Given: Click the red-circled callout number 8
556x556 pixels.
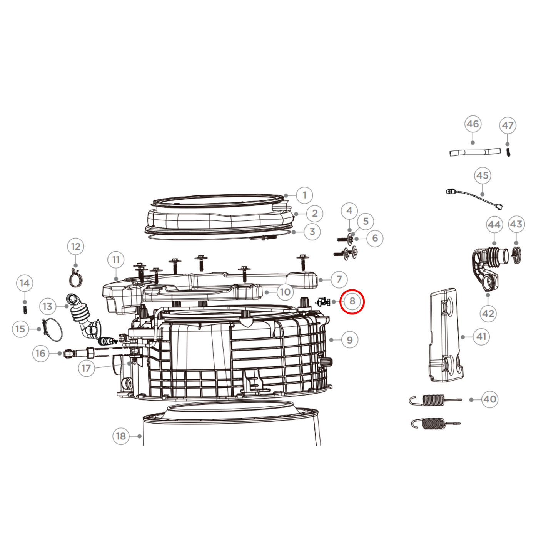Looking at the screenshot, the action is pos(352,301).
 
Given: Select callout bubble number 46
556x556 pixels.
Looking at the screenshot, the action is pos(473,124).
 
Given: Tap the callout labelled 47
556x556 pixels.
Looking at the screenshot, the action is pos(508,125).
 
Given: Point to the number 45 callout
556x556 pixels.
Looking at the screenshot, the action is pos(483,175).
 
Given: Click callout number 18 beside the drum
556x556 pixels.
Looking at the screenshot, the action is pos(121,436).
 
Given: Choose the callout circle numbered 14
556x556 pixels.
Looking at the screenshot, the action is pos(25,283).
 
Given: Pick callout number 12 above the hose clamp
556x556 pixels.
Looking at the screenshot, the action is pos(75,246).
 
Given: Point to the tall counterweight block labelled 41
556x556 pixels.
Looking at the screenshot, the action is pos(446,335).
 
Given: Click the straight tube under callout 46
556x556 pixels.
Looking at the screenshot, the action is pos(475,152).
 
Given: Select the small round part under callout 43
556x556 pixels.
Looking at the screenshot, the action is pos(516,255).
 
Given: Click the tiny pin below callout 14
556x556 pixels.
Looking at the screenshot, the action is pos(25,309).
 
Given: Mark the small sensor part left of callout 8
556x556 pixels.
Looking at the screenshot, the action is pos(323,302).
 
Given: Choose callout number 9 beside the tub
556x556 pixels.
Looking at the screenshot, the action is pos(349,340).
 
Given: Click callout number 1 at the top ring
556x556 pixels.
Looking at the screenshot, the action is pos(304,195).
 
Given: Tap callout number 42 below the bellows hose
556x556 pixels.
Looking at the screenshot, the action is pos(488,313).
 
